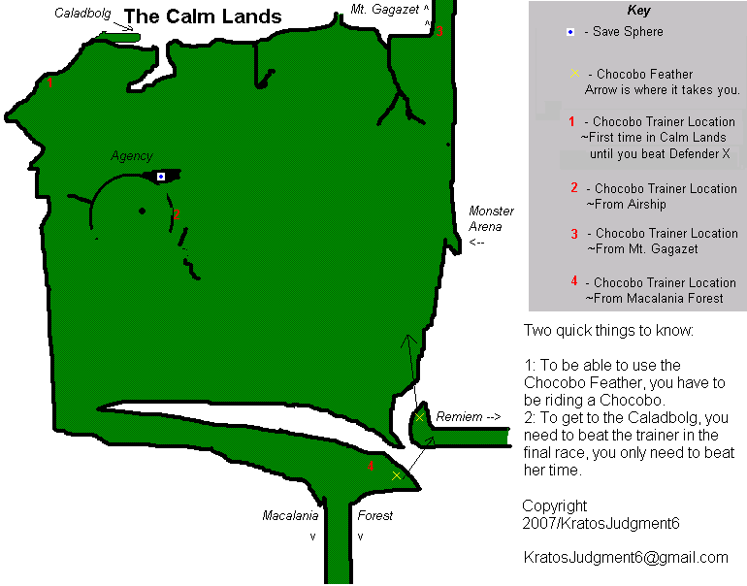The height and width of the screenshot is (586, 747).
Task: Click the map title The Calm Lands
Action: tap(204, 16)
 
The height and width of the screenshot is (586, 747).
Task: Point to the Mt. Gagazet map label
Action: tap(385, 10)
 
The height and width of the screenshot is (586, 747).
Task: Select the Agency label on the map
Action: tap(132, 155)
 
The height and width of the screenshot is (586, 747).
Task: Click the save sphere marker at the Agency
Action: tap(161, 176)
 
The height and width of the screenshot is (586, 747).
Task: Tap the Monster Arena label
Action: tap(491, 219)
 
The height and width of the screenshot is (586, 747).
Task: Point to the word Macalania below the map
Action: tap(290, 515)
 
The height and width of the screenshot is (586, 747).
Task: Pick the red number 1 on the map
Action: tap(50, 83)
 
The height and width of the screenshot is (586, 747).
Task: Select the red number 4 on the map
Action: tap(371, 467)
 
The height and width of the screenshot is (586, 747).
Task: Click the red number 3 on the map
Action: tap(439, 32)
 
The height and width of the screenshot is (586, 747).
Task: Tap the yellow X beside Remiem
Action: tap(420, 417)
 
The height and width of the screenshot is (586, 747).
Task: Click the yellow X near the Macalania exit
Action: tap(396, 475)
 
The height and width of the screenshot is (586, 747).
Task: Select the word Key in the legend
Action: tap(639, 12)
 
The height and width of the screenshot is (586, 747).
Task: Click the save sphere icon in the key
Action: tap(571, 32)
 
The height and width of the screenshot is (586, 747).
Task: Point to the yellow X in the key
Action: tap(575, 74)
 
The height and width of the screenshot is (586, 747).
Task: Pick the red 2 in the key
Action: tap(574, 188)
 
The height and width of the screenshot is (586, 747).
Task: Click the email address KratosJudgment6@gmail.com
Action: tap(625, 557)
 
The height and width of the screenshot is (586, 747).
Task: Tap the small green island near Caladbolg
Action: tap(118, 36)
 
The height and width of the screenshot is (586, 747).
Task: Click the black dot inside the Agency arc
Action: tap(143, 211)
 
